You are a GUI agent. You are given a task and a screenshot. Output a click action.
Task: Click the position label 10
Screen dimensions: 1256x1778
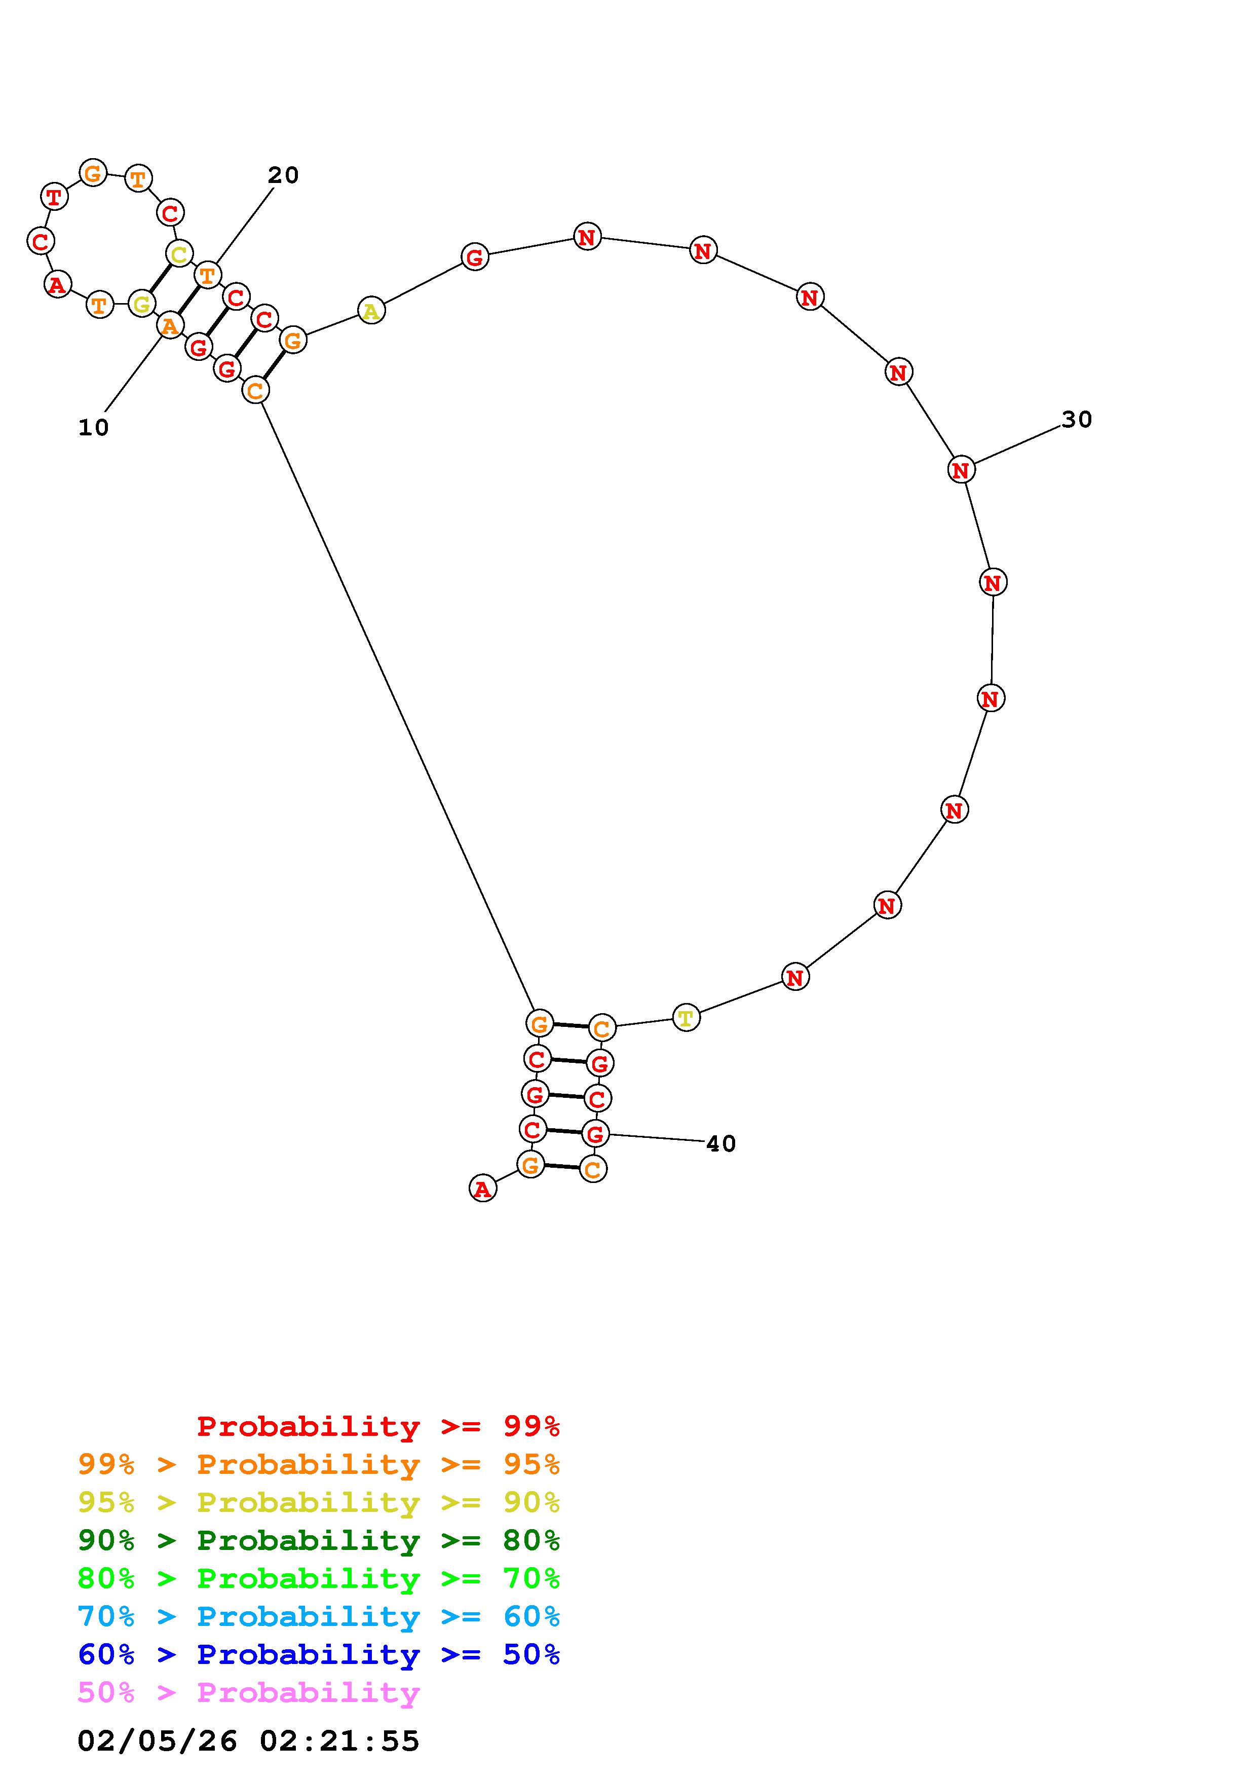pos(94,427)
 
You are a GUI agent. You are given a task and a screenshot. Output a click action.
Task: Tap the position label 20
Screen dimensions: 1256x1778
pos(283,176)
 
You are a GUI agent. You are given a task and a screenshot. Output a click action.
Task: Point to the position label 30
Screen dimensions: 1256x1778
pos(1077,420)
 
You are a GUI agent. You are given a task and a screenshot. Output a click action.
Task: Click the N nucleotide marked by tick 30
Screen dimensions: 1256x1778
pos(961,469)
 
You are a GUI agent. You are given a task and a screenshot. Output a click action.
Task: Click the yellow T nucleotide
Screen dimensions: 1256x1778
pos(686,1018)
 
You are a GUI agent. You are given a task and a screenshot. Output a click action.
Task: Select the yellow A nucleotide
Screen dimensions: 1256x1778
pos(371,311)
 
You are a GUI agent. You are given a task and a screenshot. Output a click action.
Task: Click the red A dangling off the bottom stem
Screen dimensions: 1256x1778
pos(483,1189)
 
